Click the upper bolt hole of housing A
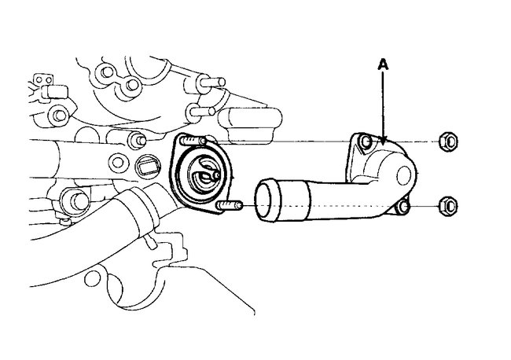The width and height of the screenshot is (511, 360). [x=364, y=143]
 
